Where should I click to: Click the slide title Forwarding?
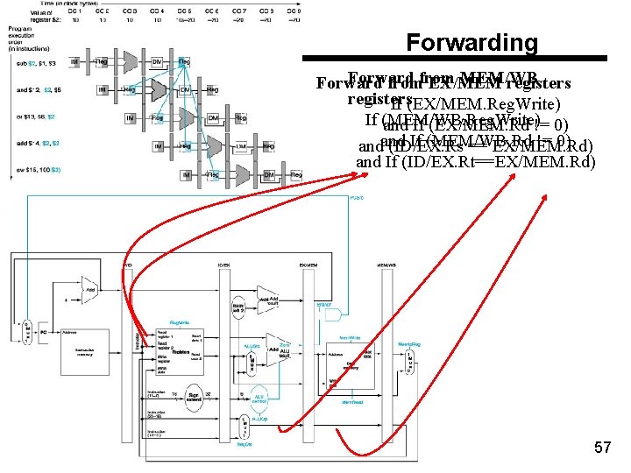click(472, 42)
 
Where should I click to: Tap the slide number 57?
click(602, 448)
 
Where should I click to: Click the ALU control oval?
click(260, 399)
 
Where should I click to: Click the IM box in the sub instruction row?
click(75, 61)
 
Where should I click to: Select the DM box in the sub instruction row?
click(157, 61)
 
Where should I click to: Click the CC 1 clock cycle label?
click(77, 11)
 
